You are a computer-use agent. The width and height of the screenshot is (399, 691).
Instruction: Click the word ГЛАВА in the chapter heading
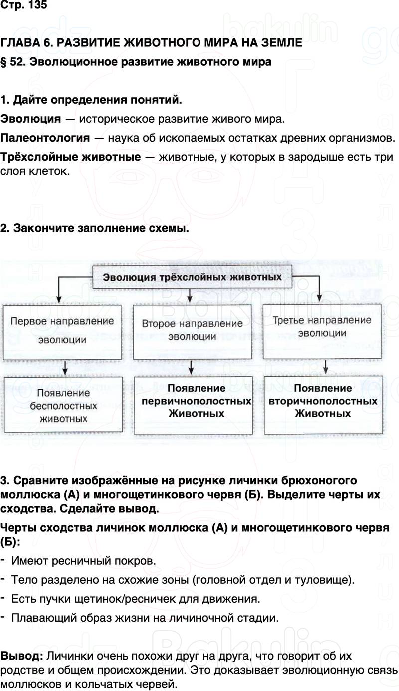tap(19, 43)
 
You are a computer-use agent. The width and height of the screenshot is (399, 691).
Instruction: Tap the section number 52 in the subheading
tap(18, 62)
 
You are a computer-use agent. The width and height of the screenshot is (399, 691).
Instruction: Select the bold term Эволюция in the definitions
tap(31, 119)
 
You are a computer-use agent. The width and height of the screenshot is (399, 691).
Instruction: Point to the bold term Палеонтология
tap(45, 137)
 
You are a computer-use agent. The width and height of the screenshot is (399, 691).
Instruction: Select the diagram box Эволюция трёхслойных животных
tap(192, 277)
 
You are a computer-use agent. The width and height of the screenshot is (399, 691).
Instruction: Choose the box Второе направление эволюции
tap(192, 330)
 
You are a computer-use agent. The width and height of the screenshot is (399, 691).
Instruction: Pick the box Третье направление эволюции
tap(323, 326)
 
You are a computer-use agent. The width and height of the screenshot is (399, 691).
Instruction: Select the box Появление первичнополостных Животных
tap(197, 401)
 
